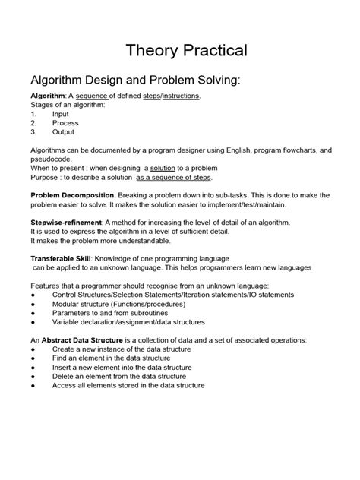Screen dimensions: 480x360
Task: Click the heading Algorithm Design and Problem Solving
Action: click(134, 81)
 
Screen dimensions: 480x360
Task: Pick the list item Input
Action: click(61, 113)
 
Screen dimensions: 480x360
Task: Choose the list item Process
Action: click(65, 122)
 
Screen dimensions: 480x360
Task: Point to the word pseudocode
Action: click(52, 159)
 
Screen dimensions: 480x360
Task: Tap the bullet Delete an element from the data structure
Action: click(118, 376)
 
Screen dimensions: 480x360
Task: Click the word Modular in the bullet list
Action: click(66, 302)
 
